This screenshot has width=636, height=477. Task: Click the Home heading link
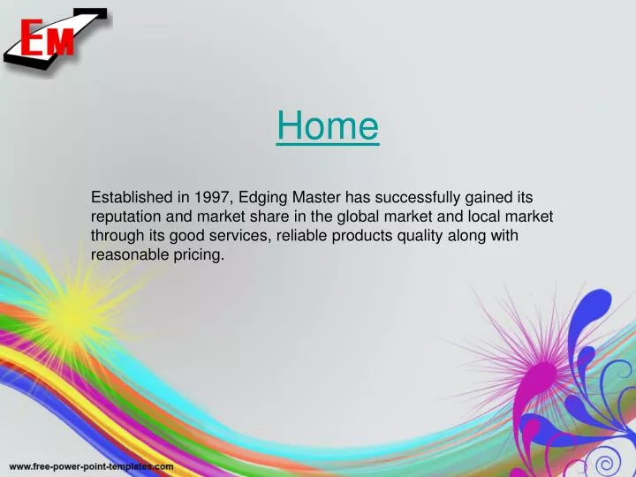327,126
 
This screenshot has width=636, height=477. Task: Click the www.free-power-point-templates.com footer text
91,466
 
